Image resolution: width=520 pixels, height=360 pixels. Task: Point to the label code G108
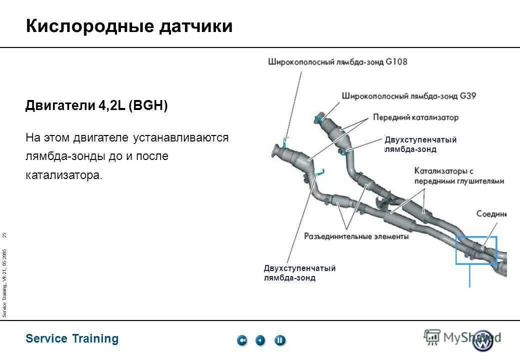(396, 62)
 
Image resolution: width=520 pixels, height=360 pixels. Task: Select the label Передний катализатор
(415, 117)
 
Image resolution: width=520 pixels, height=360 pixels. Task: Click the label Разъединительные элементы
(356, 236)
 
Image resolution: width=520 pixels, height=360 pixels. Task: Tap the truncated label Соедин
(491, 214)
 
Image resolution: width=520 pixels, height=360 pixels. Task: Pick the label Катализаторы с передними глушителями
(458, 176)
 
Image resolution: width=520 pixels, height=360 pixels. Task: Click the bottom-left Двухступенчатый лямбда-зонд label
(299, 273)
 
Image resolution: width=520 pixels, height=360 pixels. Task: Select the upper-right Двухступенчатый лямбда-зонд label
(420, 144)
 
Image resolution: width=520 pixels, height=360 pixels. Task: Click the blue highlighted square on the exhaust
(476, 250)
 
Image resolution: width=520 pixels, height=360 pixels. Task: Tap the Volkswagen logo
(483, 341)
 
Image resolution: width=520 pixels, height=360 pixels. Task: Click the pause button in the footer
(280, 340)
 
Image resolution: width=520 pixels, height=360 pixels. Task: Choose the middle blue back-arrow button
(260, 340)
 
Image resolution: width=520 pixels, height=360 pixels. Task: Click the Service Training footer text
(72, 338)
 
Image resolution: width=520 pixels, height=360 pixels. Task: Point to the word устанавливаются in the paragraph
(180, 137)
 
